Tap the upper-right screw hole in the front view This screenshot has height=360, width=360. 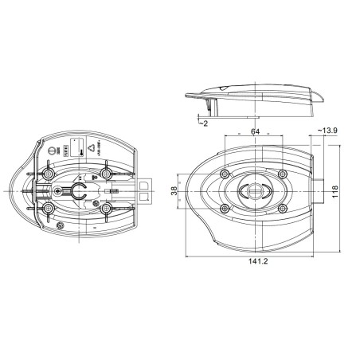click(280, 174)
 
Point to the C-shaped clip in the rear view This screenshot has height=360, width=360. click(78, 191)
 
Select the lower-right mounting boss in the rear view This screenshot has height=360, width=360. click(106, 209)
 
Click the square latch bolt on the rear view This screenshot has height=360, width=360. click(145, 188)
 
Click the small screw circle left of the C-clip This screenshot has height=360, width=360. click(60, 191)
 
